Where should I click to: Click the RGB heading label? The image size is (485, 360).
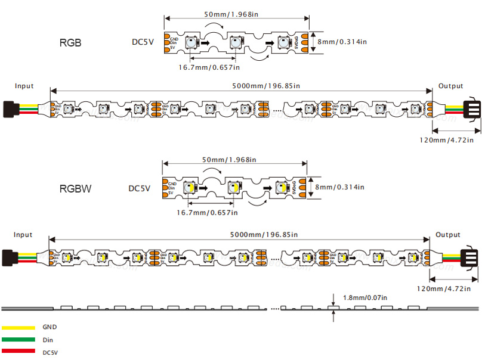tap(70, 42)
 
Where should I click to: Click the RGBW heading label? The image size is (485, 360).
tap(76, 189)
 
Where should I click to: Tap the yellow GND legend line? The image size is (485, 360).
tap(18, 328)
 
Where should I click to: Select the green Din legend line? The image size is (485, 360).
tap(18, 340)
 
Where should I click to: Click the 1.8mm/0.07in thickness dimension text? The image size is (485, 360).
tap(365, 297)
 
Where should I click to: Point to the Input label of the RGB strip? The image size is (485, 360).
tap(24, 86)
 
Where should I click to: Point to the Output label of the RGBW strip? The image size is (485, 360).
tap(448, 234)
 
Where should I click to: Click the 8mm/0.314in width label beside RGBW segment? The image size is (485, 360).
tap(340, 187)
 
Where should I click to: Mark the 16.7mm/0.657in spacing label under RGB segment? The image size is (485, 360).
tap(208, 67)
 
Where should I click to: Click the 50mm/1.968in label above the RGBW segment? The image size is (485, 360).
tap(229, 160)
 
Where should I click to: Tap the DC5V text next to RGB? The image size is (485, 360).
tap(144, 42)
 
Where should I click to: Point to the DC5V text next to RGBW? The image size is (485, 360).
tap(141, 188)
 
